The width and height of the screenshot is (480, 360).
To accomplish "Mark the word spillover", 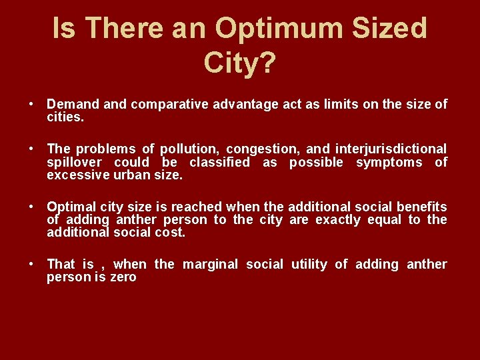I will pyautogui.click(x=75, y=162).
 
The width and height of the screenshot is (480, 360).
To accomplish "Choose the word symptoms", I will pyautogui.click(x=389, y=162).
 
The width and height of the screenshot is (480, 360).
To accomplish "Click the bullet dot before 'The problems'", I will pyautogui.click(x=31, y=149).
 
